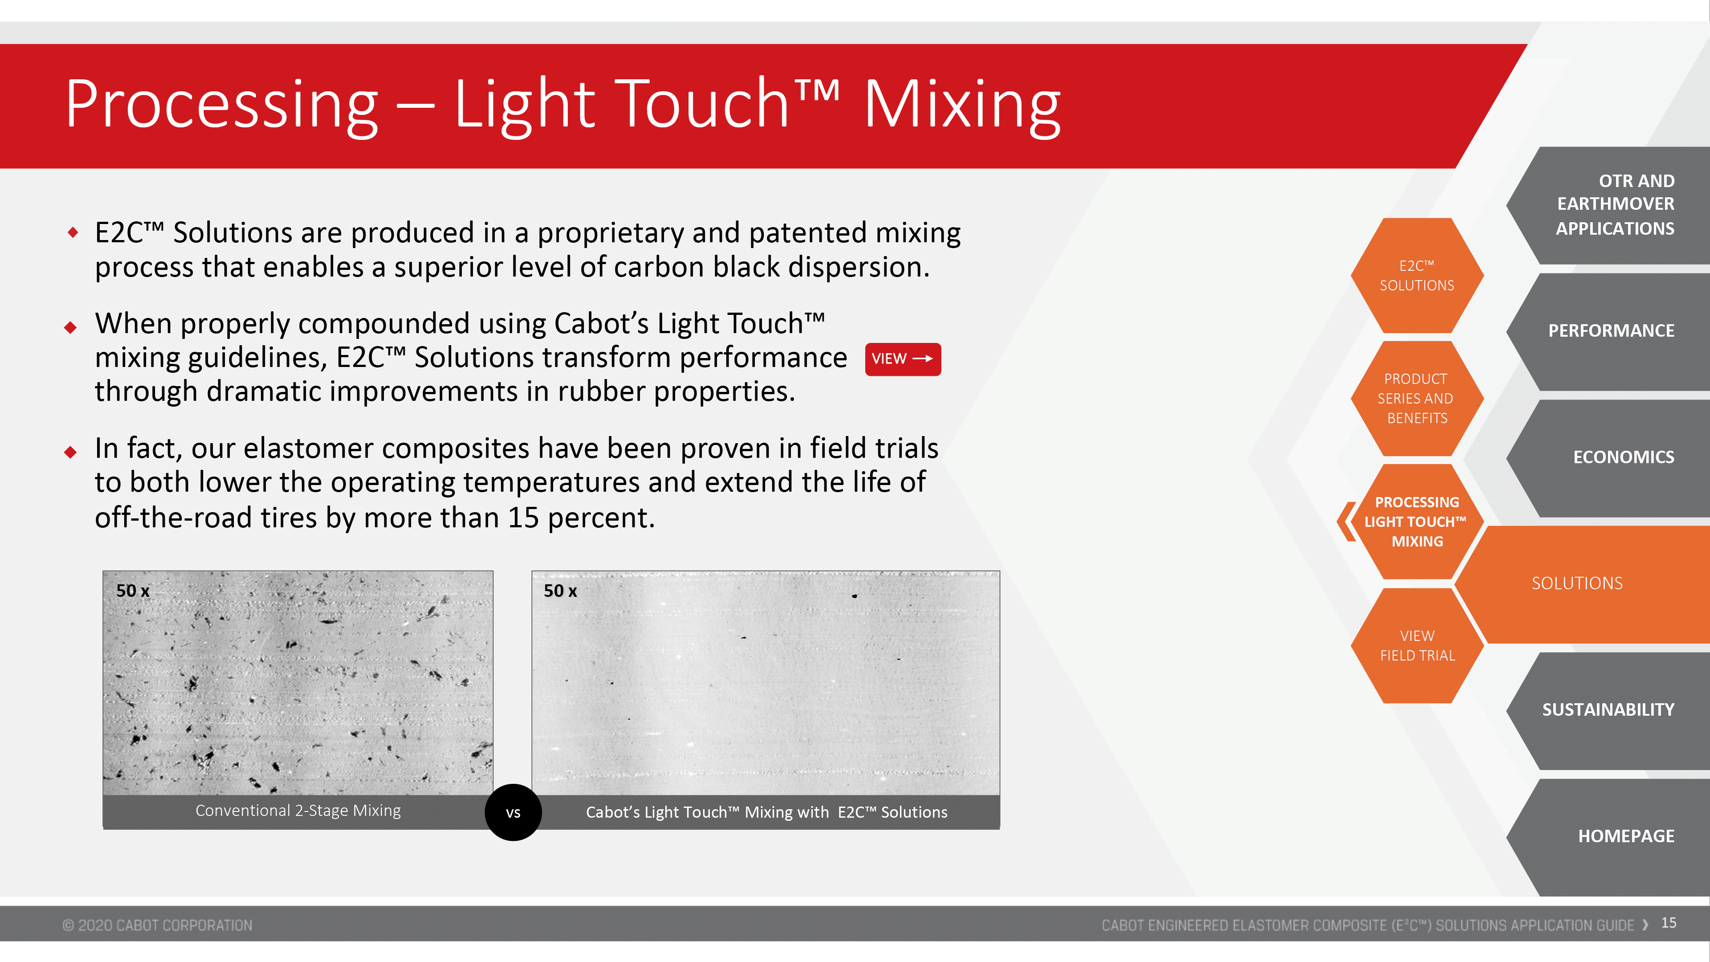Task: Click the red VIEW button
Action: tap(903, 359)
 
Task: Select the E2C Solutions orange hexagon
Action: tap(1417, 276)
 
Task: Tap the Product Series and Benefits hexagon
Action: tap(1417, 398)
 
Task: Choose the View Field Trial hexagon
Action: tap(1417, 645)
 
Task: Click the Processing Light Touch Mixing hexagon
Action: tap(1417, 522)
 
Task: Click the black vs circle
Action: tap(513, 813)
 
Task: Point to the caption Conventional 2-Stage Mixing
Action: tap(298, 811)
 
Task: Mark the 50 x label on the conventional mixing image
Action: tap(133, 591)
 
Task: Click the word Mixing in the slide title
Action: tap(962, 106)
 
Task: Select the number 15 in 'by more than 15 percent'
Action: tap(523, 518)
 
